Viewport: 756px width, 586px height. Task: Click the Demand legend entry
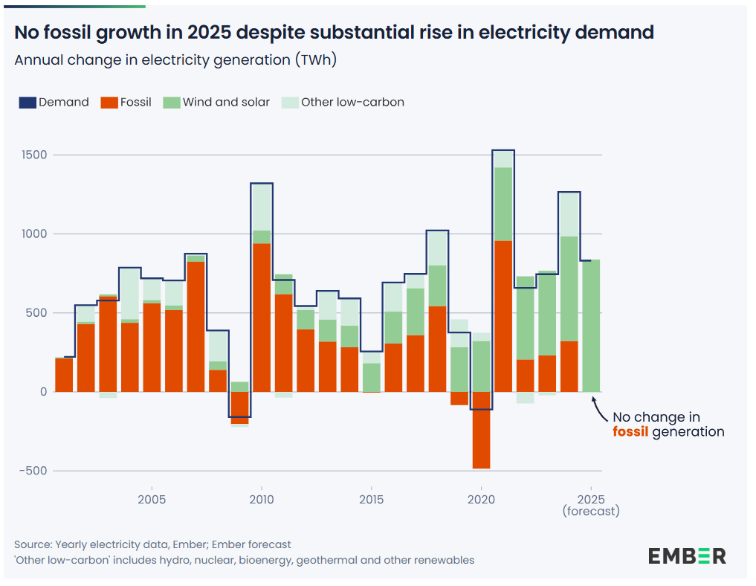point(54,103)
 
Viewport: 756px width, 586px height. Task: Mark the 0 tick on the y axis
point(43,392)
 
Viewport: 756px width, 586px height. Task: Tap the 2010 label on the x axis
point(261,499)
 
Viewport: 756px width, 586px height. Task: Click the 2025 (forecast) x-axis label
point(591,505)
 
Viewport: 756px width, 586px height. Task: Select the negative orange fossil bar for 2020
point(481,430)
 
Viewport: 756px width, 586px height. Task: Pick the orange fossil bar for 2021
point(503,316)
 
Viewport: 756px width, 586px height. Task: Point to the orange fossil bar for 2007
point(196,326)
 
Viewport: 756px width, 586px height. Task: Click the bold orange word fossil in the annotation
point(630,432)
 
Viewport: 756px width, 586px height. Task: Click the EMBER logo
point(686,556)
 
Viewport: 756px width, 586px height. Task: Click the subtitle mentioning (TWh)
point(175,60)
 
